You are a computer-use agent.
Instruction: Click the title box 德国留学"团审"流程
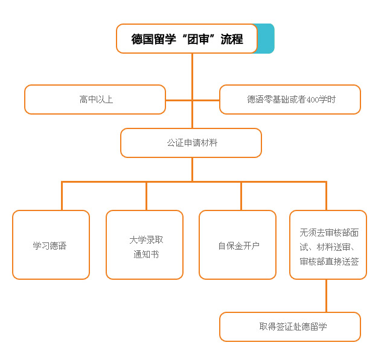187,39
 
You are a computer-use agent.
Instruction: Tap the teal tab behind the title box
266,39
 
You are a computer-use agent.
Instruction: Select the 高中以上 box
95,99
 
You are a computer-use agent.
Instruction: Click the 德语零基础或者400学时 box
290,99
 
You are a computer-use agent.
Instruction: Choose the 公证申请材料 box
191,143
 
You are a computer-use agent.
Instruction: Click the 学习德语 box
51,245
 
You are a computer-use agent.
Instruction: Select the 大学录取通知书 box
144,245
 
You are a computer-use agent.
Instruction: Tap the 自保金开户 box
237,245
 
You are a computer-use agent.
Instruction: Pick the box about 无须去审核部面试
328,245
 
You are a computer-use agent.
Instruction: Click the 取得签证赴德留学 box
290,327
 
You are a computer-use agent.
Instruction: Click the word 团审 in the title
199,39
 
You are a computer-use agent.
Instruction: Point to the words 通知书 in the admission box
146,254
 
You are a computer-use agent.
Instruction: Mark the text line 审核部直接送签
329,261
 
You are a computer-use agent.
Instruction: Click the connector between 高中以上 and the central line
178,100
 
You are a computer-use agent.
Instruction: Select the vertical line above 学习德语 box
62,196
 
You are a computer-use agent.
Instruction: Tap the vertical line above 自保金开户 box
241,196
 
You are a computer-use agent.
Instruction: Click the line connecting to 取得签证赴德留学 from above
326,296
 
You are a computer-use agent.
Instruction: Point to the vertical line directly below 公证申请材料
192,169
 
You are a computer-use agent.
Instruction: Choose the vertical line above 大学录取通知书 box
146,196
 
